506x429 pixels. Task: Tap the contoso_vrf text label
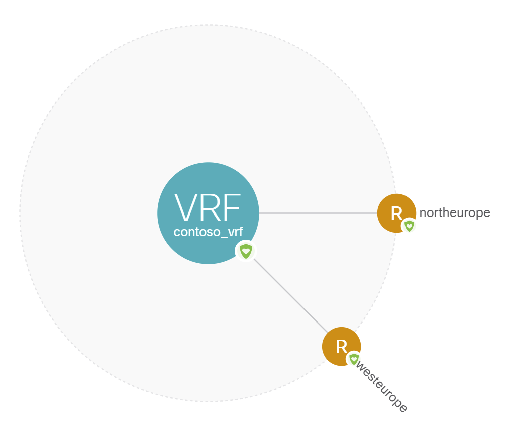208,232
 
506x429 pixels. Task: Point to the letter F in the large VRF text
232,207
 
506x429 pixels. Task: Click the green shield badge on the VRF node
245,251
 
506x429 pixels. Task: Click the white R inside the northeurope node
396,213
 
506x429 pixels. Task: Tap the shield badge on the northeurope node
409,226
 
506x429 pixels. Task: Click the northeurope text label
455,213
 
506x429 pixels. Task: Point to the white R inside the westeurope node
341,346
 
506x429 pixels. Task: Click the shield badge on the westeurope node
354,359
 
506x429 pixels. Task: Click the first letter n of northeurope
423,213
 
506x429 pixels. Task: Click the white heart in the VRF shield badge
245,250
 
